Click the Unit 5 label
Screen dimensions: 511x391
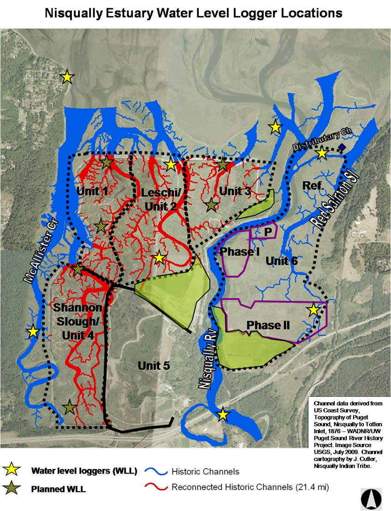coord(154,366)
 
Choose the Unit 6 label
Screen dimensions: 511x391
coord(282,261)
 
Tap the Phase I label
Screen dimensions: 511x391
coord(237,252)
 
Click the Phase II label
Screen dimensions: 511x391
coord(268,325)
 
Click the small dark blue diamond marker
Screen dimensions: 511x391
coord(341,147)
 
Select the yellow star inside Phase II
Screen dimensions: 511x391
coord(314,310)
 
